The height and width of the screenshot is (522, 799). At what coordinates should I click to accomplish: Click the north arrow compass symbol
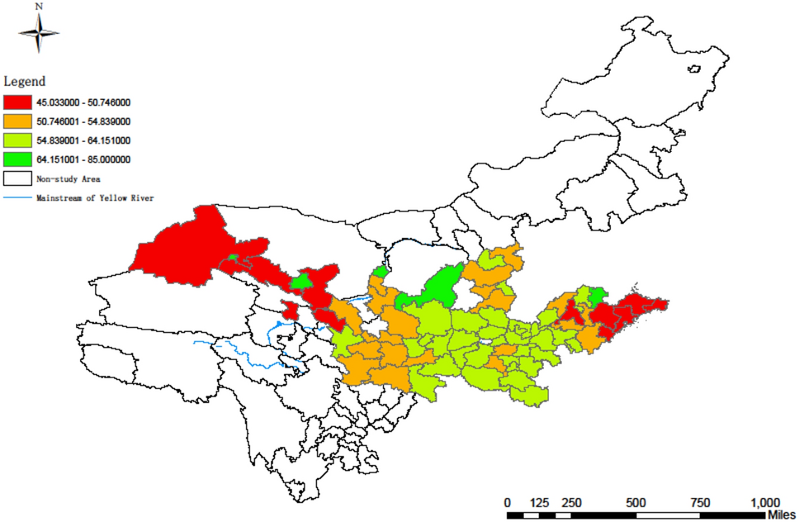click(x=39, y=34)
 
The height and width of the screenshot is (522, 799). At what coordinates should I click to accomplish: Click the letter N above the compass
click(x=39, y=7)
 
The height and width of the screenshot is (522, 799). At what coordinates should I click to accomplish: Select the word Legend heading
click(x=25, y=82)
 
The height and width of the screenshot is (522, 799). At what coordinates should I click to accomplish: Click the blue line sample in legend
click(x=17, y=198)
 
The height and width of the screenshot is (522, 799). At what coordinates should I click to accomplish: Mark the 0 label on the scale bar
click(x=507, y=502)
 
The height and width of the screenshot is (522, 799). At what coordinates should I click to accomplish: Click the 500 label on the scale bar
click(x=636, y=502)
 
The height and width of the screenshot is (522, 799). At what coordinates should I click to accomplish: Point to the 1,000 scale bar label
click(x=764, y=502)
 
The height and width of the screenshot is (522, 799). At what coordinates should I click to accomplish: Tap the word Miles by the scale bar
click(x=781, y=515)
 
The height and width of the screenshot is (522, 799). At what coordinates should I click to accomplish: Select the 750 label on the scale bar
click(x=700, y=502)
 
